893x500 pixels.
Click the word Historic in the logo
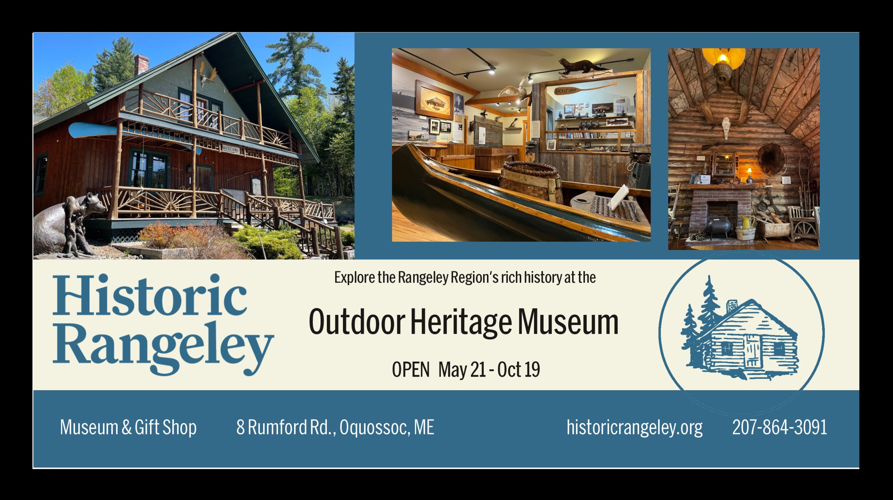click(150, 295)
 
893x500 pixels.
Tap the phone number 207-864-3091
click(780, 427)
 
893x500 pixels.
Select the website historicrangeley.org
click(635, 428)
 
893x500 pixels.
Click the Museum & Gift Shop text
click(128, 428)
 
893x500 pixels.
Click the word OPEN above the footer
click(411, 370)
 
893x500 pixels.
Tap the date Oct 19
click(519, 370)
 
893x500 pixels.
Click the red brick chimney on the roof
click(141, 65)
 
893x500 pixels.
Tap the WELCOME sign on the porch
click(231, 149)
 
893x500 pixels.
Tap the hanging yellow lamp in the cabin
click(724, 65)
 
